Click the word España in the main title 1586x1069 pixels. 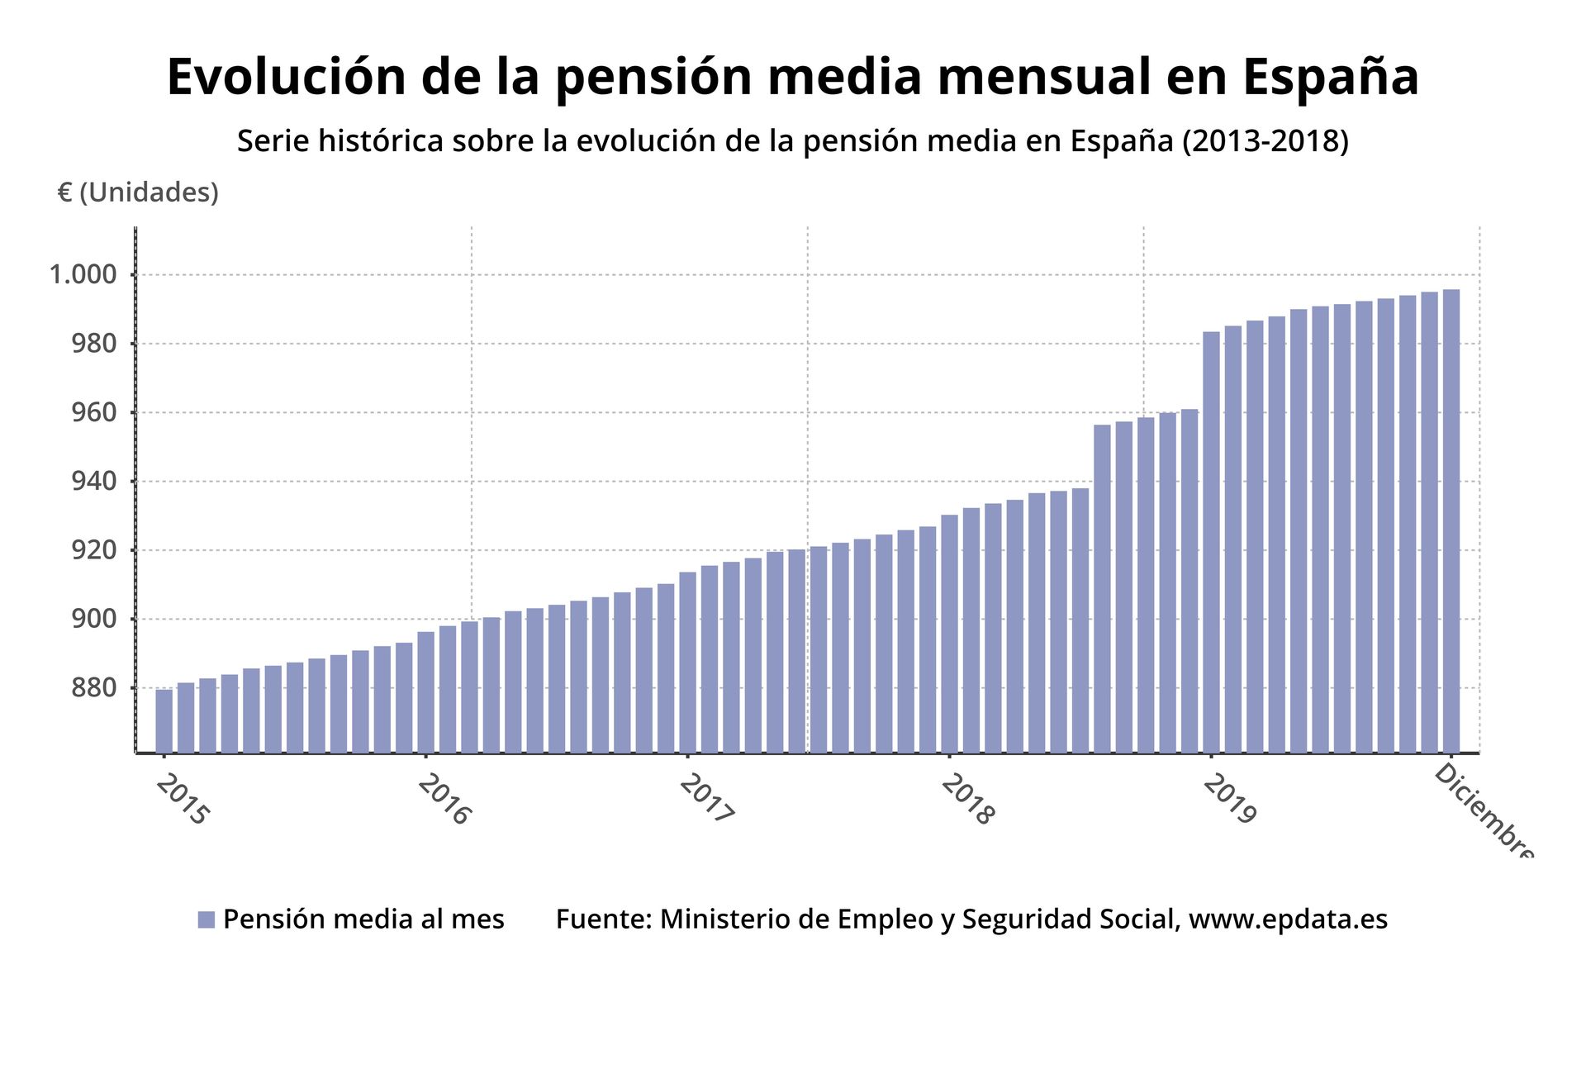tap(1330, 77)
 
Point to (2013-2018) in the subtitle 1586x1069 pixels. tap(1265, 141)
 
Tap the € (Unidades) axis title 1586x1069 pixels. tap(138, 192)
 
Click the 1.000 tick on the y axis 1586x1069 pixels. tap(83, 274)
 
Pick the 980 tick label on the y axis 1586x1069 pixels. tap(93, 344)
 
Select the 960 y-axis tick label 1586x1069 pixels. tap(93, 412)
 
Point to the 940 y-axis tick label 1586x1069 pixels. tap(93, 481)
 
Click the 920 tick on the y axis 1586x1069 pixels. tap(93, 550)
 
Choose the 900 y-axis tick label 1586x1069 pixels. tap(93, 619)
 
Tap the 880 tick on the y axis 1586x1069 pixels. tap(93, 687)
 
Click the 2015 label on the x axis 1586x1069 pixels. tap(183, 799)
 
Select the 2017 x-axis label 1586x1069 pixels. tap(706, 799)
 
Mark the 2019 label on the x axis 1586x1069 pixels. tap(1229, 799)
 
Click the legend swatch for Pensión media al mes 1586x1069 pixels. tap(207, 919)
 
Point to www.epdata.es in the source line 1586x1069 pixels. tap(1288, 919)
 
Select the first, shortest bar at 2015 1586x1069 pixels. tap(164, 720)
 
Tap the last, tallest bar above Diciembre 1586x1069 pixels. tap(1451, 520)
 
